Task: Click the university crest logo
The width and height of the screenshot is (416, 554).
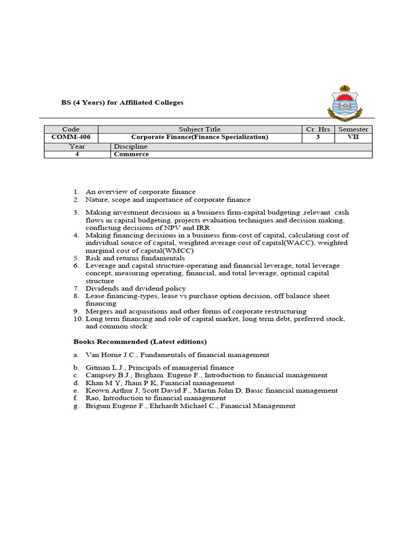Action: (x=345, y=103)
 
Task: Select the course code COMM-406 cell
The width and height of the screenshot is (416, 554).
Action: (x=71, y=137)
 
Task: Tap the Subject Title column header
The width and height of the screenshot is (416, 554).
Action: (x=199, y=130)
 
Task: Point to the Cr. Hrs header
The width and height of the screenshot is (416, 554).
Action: (x=318, y=130)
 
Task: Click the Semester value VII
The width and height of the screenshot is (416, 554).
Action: (x=353, y=137)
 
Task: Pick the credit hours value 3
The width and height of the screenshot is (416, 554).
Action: (x=318, y=137)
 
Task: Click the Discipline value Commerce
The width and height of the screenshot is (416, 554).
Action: (x=131, y=154)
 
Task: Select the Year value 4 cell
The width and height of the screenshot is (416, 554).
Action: (x=77, y=154)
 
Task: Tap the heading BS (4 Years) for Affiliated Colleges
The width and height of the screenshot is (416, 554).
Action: (x=128, y=102)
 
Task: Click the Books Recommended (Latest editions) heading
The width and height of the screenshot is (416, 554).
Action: (x=140, y=342)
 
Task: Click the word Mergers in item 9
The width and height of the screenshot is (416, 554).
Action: (x=99, y=311)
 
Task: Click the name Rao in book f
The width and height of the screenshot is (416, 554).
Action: (x=92, y=398)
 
